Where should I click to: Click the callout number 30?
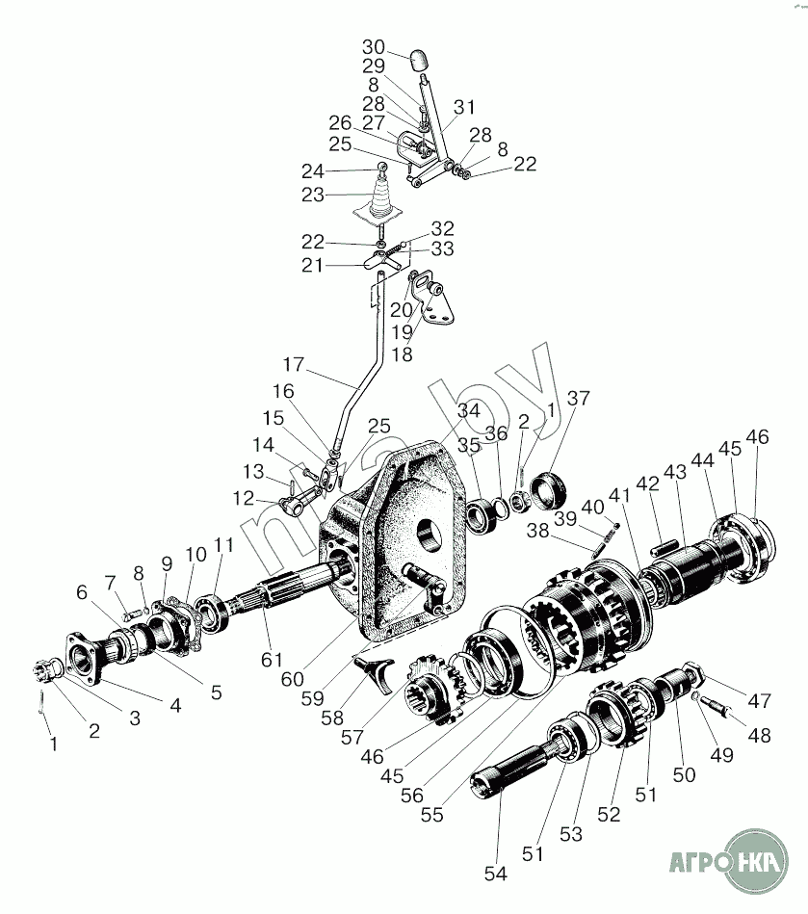point(374,47)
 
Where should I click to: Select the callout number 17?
point(293,366)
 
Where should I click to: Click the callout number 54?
point(496,874)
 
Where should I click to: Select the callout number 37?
point(578,398)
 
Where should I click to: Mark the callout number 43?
point(675,472)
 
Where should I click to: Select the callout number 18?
point(401,354)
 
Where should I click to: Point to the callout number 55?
point(431,815)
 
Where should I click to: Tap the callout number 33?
point(442,250)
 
